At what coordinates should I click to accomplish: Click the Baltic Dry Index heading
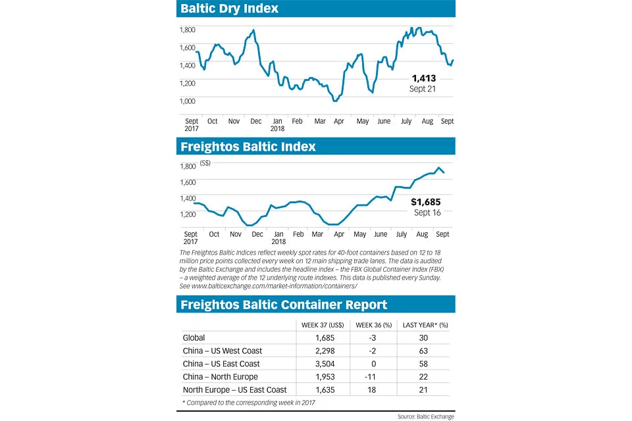(229, 9)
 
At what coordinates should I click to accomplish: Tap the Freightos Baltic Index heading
(248, 147)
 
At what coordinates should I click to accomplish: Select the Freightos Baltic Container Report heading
(284, 305)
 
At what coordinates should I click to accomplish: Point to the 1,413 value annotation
(424, 78)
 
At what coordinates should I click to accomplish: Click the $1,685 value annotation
(425, 202)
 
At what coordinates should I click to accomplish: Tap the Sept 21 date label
(423, 89)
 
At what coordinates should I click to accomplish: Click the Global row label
(194, 338)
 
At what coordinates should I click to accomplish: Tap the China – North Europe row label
(220, 377)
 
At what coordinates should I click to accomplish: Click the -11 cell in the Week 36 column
(373, 377)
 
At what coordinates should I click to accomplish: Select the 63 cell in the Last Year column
(423, 351)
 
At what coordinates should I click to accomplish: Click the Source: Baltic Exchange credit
(425, 416)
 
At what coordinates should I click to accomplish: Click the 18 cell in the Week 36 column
(373, 390)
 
